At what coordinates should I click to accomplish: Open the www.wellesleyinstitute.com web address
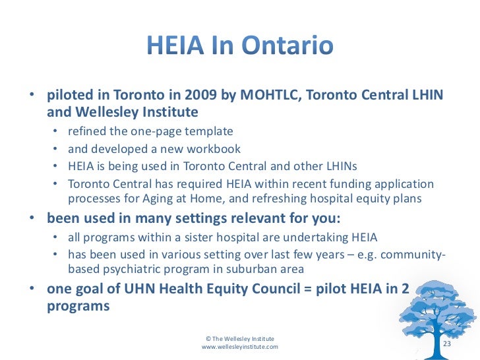click(x=239, y=346)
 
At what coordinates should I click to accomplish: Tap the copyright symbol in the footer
click(x=209, y=338)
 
